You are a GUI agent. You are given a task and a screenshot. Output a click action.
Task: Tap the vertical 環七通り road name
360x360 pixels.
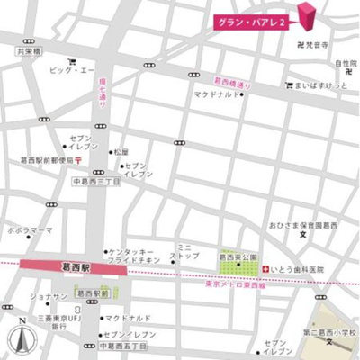(101, 93)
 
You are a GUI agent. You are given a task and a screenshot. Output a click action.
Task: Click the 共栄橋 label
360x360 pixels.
(29, 52)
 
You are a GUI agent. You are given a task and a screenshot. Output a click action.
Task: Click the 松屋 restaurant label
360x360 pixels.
(122, 152)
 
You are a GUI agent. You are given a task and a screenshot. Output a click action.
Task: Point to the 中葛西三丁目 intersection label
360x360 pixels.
(96, 182)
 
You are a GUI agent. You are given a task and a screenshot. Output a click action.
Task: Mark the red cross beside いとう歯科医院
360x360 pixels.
(265, 269)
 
